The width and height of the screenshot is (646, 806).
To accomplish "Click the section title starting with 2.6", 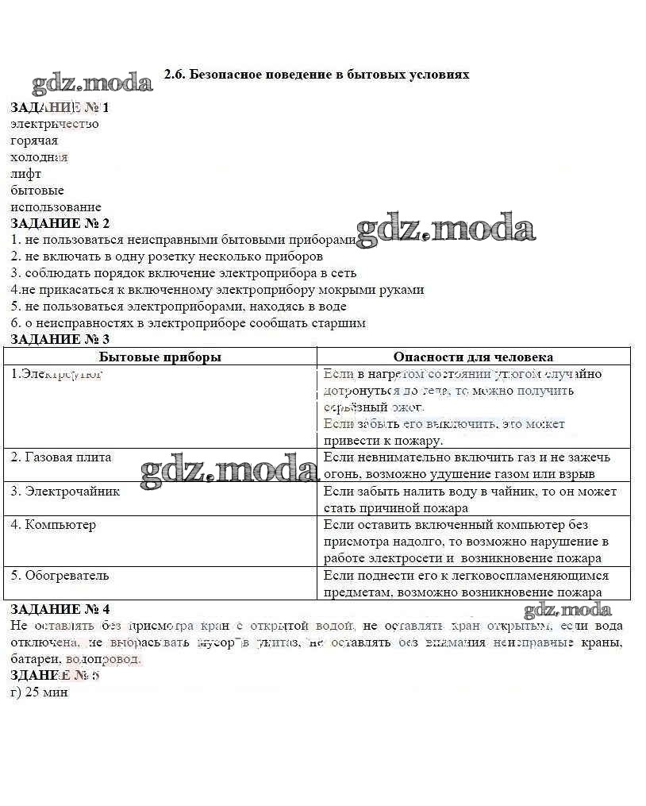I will [317, 75].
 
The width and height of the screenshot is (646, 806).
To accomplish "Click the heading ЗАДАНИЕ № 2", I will [60, 224].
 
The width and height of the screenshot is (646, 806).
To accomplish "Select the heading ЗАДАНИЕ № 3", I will [60, 339].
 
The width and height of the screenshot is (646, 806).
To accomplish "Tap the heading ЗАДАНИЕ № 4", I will [60, 609].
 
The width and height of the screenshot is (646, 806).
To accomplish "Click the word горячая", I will [34, 141].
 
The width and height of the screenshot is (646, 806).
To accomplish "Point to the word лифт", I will [26, 174].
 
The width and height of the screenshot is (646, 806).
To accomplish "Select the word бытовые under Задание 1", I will [37, 191].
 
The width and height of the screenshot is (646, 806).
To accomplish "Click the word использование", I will [56, 207].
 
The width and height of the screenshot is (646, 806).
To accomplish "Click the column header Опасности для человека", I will [473, 357].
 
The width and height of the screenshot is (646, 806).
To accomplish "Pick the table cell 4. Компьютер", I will [53, 524].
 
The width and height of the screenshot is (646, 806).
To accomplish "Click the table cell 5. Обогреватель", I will [60, 575].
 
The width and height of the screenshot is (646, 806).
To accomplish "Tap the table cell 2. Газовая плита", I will [61, 457].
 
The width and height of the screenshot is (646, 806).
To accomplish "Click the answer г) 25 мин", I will [40, 692].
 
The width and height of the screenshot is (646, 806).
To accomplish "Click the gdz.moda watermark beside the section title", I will [92, 83].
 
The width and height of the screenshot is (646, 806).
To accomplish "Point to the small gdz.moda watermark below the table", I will [567, 610].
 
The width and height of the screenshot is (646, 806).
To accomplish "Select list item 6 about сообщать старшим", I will [188, 322].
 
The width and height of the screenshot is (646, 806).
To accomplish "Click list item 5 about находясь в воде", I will [179, 306].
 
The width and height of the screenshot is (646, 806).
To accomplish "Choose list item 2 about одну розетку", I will [167, 256].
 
